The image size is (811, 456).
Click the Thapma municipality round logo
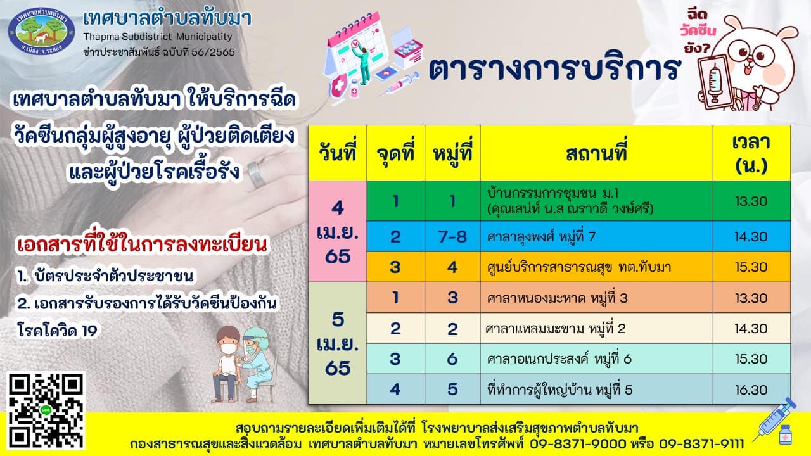(x=41, y=31)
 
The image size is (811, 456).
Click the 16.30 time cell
(x=751, y=389)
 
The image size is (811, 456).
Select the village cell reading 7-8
(x=452, y=236)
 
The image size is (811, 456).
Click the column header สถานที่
(x=596, y=153)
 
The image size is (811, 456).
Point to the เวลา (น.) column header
(x=751, y=153)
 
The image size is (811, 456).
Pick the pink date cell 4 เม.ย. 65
(x=338, y=232)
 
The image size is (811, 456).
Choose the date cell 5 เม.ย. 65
(x=338, y=343)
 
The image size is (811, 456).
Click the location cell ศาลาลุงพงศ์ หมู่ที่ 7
(x=596, y=236)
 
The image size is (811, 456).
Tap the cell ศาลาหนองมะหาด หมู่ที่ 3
(x=596, y=298)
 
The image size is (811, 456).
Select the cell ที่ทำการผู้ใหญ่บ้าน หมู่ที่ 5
(x=596, y=389)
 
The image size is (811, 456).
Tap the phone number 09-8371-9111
(x=701, y=443)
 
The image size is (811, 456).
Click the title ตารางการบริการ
(x=554, y=69)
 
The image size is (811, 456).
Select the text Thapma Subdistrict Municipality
(x=158, y=37)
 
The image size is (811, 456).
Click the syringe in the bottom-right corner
(x=775, y=420)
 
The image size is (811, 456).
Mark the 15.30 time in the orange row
(x=751, y=267)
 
